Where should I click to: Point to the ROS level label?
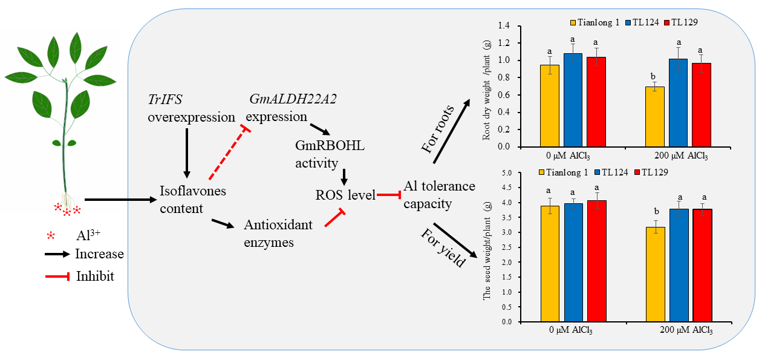pyautogui.click(x=345, y=195)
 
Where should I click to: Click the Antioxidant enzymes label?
pyautogui.click(x=278, y=234)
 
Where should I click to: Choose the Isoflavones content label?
pyautogui.click(x=192, y=200)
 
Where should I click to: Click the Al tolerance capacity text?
pyautogui.click(x=438, y=195)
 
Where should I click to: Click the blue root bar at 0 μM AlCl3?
pyautogui.click(x=572, y=100)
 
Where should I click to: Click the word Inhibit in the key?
pyautogui.click(x=94, y=277)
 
